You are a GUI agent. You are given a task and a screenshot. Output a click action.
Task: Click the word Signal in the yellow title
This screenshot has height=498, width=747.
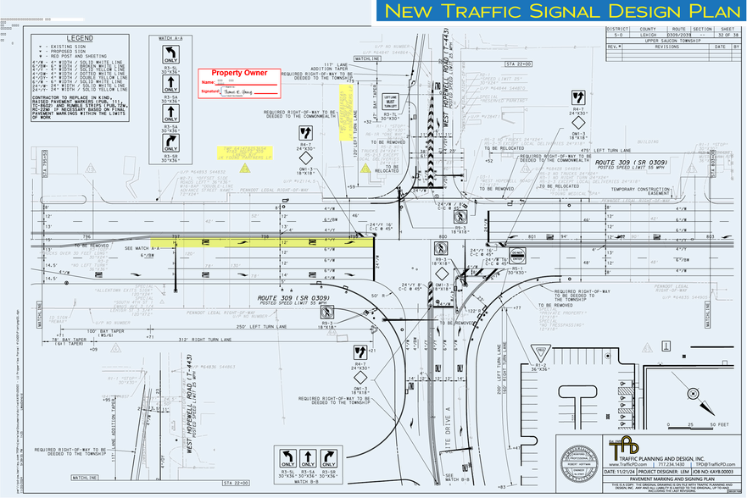tap(562, 12)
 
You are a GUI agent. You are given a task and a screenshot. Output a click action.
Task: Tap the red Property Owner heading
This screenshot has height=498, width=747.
tap(239, 73)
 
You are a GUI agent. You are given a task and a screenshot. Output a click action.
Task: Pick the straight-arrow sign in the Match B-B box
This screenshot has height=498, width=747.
tap(332, 459)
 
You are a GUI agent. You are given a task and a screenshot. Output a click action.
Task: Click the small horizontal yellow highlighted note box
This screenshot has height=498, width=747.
tap(245, 152)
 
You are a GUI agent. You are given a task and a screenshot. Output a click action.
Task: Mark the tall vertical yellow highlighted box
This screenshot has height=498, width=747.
tap(346, 112)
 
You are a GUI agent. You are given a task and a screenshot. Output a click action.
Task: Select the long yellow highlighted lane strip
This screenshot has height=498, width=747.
tap(263, 243)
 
